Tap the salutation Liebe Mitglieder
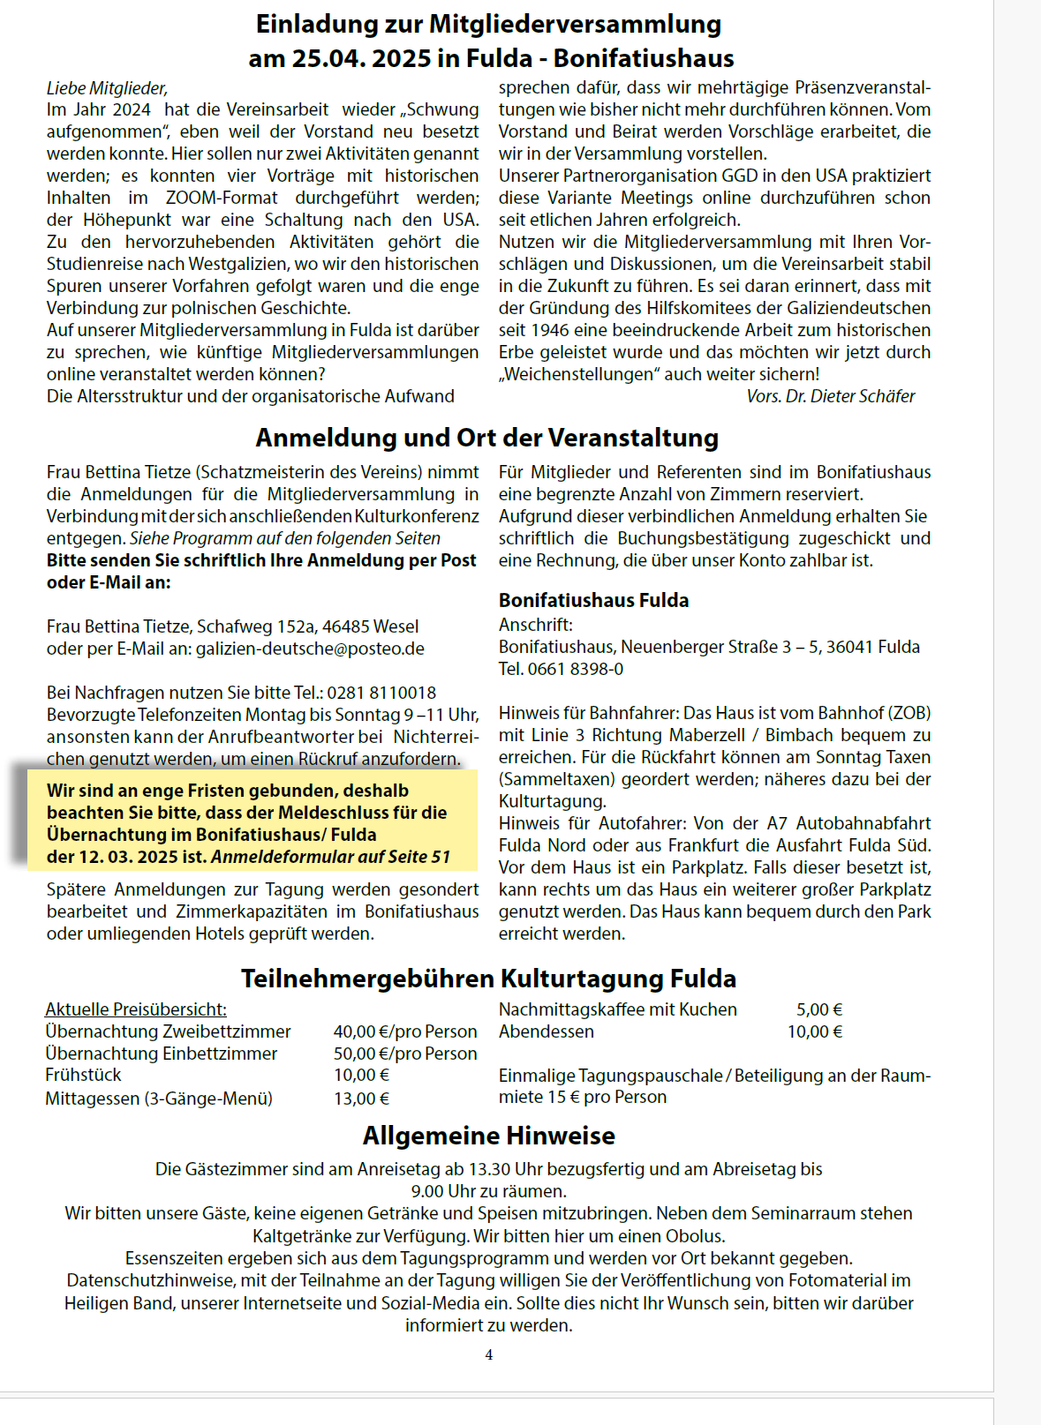tap(107, 88)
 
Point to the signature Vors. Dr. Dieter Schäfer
tap(831, 396)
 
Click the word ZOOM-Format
tap(222, 198)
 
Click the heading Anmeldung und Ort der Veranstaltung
tap(487, 438)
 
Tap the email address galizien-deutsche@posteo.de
tap(310, 649)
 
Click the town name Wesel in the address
tap(396, 626)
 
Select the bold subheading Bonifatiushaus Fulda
tap(593, 600)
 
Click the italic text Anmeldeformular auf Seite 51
tap(331, 857)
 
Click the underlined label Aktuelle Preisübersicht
tap(136, 1009)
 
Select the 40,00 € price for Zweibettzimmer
tap(361, 1031)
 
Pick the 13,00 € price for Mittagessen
tap(361, 1099)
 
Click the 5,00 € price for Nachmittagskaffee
tap(819, 1009)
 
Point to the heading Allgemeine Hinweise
tap(488, 1136)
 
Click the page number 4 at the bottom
tap(489, 1354)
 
